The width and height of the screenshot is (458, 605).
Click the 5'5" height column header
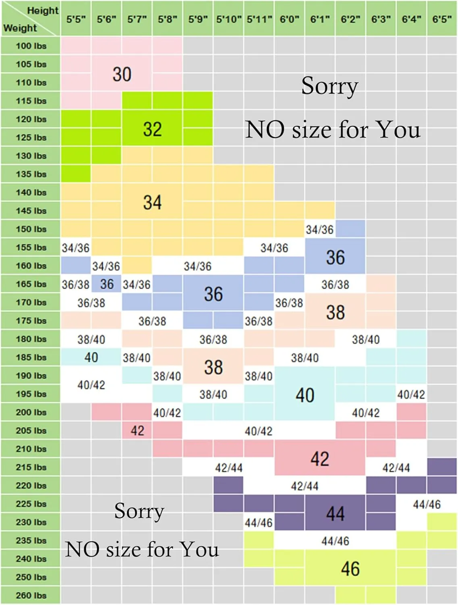[x=76, y=19]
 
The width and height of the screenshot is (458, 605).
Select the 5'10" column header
[x=229, y=19]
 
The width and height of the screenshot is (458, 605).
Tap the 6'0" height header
[x=289, y=19]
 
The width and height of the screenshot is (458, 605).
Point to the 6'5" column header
[x=442, y=19]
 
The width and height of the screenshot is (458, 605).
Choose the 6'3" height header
[x=381, y=19]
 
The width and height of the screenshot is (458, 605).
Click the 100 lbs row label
[x=31, y=46]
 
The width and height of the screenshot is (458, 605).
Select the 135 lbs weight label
[x=31, y=174]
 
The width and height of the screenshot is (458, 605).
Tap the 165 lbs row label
[x=31, y=284]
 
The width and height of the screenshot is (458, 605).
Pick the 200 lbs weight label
[x=31, y=412]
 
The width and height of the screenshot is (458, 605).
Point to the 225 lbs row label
[x=31, y=504]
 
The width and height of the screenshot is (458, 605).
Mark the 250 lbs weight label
[x=31, y=577]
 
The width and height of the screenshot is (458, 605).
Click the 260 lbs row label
[x=31, y=595]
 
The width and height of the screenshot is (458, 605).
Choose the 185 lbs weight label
[x=31, y=357]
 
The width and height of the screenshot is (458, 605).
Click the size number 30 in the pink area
[x=122, y=74]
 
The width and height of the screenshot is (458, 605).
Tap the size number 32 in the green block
[x=152, y=129]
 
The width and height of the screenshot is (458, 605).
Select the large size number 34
[x=152, y=202]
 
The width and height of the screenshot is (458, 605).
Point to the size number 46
[x=350, y=569]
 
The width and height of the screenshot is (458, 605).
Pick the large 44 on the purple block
[x=335, y=513]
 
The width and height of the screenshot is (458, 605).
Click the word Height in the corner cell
[x=43, y=10]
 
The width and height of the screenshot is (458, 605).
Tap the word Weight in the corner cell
[x=20, y=28]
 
